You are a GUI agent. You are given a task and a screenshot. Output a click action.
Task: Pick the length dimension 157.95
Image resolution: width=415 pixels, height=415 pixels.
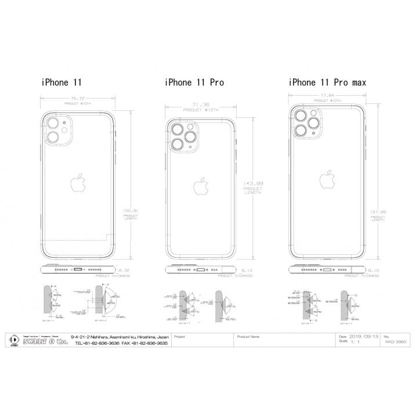pos(377,212)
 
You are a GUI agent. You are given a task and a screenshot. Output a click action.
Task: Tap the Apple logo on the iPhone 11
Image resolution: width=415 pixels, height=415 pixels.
pos(77,183)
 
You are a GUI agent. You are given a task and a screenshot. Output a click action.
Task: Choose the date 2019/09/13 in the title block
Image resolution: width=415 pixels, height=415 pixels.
pos(365,336)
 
